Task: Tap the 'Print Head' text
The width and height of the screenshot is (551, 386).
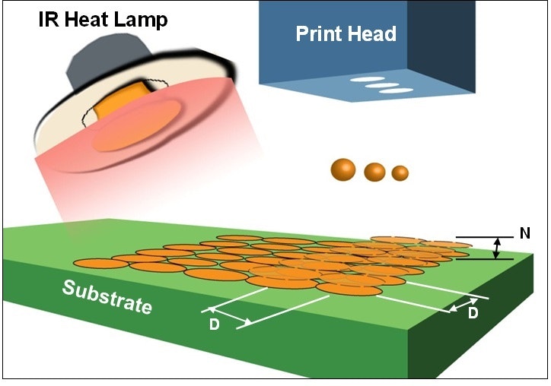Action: point(346,33)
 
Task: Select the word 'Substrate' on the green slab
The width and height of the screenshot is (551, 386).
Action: point(107,297)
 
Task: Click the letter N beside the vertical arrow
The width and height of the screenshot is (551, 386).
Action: point(524,234)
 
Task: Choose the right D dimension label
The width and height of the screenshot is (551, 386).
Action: point(473,313)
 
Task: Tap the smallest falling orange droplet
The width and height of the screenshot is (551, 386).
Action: point(400,173)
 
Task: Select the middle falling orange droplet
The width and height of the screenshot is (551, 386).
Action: point(374,172)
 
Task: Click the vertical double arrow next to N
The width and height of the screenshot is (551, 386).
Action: point(496,248)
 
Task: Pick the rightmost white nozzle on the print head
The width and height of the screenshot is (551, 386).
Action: point(395,91)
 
